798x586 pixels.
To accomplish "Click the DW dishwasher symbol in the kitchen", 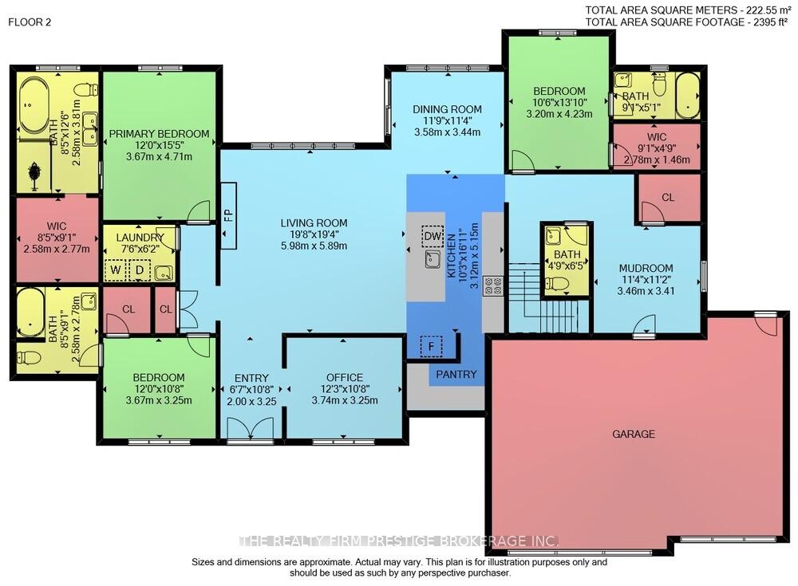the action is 433,236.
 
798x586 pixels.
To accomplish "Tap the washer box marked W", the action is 116,270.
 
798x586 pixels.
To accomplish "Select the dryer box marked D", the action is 139,270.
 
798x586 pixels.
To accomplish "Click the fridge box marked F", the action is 431,347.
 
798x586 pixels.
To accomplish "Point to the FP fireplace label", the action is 228,216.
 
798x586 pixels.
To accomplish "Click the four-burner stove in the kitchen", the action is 492,286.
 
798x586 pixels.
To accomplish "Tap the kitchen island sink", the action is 433,259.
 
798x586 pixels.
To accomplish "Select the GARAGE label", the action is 633,434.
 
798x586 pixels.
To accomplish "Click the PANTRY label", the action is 456,375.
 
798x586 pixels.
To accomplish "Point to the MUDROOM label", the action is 646,268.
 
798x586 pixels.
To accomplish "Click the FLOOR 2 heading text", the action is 30,22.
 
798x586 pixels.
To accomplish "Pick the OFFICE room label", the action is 345,377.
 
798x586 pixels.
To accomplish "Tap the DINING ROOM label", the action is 447,109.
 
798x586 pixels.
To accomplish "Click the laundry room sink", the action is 164,273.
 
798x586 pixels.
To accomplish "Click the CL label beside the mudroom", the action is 668,198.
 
